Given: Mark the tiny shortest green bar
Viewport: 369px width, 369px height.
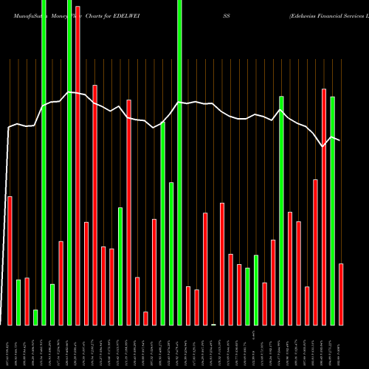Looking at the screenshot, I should tap(214, 324).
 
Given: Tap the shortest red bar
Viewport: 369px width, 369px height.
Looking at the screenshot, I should tap(145, 318).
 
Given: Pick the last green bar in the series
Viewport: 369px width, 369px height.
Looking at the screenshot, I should tap(333, 210).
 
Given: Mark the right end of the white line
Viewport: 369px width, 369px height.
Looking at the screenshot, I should tap(340, 140).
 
